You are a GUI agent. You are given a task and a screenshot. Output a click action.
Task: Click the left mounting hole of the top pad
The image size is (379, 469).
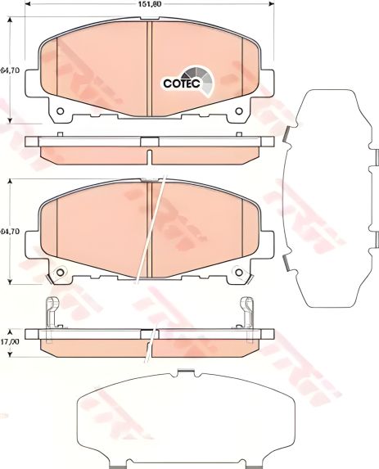pos(58,111)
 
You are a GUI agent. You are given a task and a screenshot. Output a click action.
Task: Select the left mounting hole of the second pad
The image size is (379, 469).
pos(58,273)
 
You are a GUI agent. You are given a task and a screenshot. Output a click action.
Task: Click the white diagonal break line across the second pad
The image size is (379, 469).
pos(156,237)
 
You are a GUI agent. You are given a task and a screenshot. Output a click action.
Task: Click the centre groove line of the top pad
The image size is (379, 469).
pos(148,70)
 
